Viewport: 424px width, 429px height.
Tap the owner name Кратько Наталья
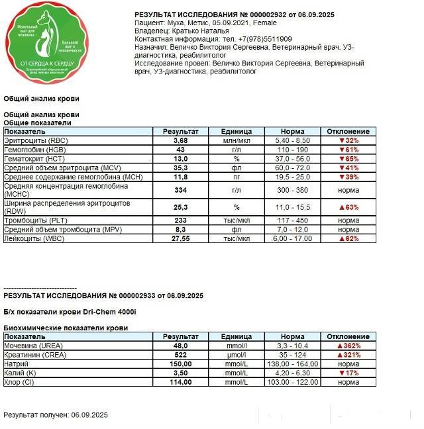[201, 30]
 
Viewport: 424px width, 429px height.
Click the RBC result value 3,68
[181, 141]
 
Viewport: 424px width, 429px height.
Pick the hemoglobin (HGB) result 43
[181, 150]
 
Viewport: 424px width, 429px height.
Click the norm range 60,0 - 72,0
[292, 168]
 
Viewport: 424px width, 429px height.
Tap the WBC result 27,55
[181, 238]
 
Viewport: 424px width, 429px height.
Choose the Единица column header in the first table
[237, 132]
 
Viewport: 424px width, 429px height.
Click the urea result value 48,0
[181, 346]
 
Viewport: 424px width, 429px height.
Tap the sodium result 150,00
[181, 364]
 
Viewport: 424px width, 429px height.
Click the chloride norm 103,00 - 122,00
[292, 383]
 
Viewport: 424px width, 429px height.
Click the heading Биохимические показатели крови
[66, 328]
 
